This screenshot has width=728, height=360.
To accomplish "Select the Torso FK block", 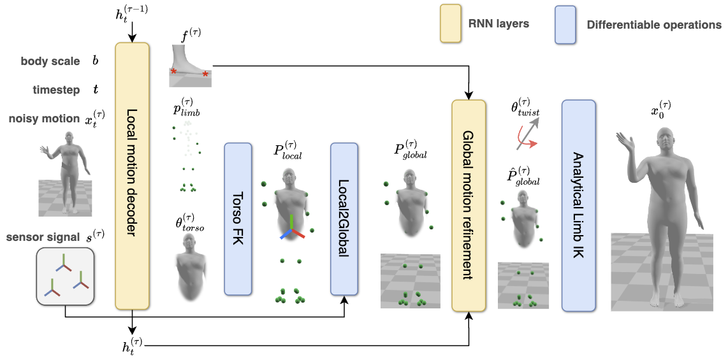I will [x=239, y=219].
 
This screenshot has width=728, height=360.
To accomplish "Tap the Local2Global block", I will [x=344, y=219].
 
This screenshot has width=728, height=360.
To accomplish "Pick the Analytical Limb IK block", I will [x=578, y=205].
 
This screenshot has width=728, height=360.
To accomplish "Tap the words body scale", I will [x=50, y=62].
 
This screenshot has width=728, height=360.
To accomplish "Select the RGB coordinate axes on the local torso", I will [x=291, y=228].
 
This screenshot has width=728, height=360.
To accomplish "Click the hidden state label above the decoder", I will [x=132, y=14].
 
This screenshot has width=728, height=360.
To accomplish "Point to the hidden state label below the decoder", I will [x=132, y=346].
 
